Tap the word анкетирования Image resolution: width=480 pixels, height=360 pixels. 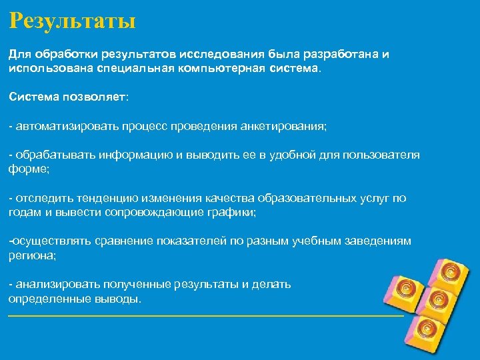283,126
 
